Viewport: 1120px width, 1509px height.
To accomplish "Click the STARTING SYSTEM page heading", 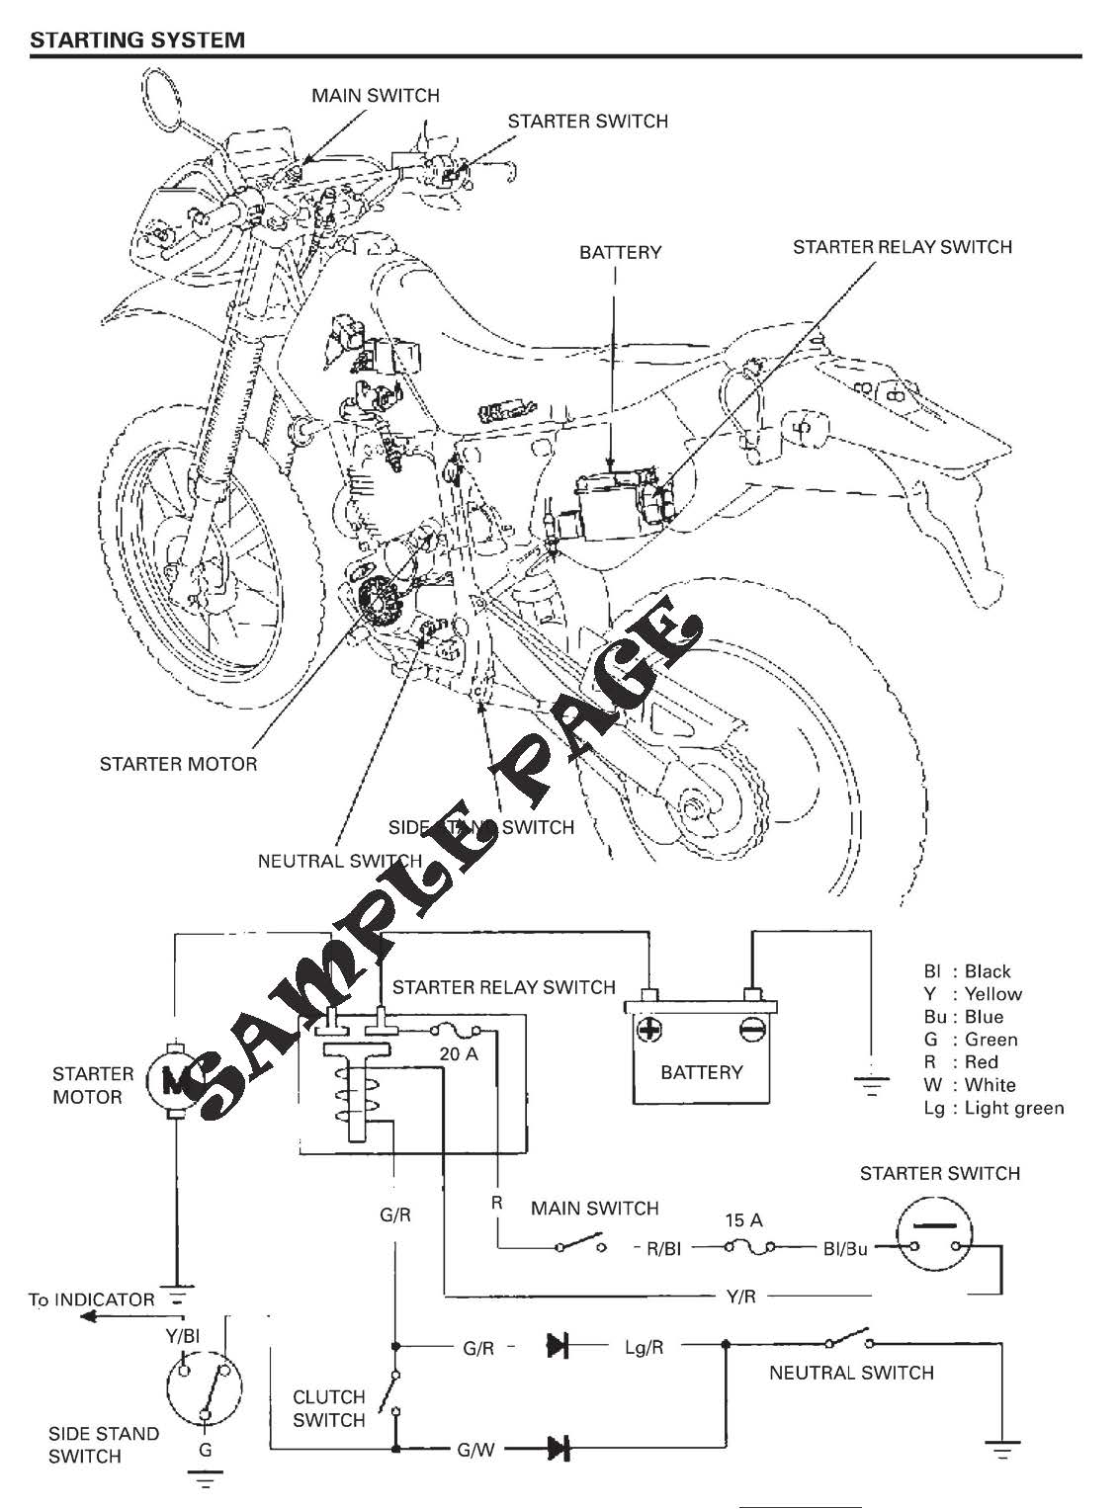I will click(x=137, y=40).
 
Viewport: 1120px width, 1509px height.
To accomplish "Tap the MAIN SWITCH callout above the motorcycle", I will click(x=375, y=96).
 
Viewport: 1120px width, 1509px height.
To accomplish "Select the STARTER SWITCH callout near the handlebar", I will click(x=587, y=122).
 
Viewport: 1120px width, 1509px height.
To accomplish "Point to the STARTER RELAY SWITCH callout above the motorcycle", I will click(x=902, y=247).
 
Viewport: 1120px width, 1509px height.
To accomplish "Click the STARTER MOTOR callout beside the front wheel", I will click(x=178, y=764).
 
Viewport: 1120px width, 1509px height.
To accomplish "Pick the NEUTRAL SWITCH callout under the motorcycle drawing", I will click(x=339, y=861).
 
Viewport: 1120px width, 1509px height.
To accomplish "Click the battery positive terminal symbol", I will click(x=649, y=1031).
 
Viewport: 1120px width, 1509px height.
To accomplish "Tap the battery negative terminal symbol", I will click(x=752, y=1031).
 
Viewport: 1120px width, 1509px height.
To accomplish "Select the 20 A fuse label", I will click(x=458, y=1054).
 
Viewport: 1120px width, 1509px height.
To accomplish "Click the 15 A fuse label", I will click(x=742, y=1220).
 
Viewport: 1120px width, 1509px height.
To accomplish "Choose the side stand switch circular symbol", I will click(x=204, y=1384).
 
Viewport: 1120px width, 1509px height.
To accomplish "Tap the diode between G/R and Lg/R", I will click(x=558, y=1345).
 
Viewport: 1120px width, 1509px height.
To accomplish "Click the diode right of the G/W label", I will click(x=560, y=1450).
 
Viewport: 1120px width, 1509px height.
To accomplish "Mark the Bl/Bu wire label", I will click(x=844, y=1249).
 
